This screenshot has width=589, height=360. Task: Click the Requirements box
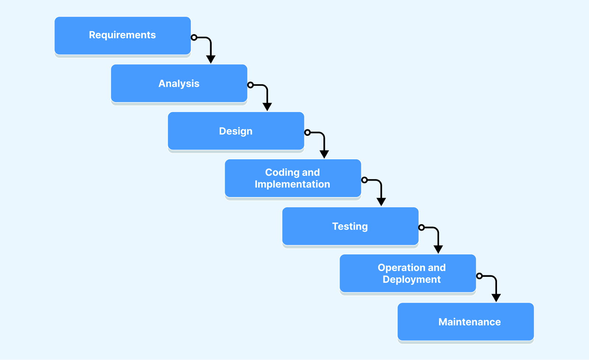pyautogui.click(x=123, y=36)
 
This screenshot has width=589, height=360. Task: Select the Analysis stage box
pyautogui.click(x=179, y=84)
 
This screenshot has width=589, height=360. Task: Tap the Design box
pyautogui.click(x=236, y=131)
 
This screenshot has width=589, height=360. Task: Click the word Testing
pyautogui.click(x=350, y=226)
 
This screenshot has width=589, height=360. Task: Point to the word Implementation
pyautogui.click(x=292, y=184)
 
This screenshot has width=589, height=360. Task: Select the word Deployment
pyautogui.click(x=412, y=279)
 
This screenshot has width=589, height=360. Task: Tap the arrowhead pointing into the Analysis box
pyautogui.click(x=211, y=59)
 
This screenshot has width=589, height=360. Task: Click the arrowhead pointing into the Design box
pyautogui.click(x=267, y=107)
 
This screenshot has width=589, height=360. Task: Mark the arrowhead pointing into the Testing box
pyautogui.click(x=381, y=202)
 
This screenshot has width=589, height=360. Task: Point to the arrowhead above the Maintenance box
pyautogui.click(x=496, y=297)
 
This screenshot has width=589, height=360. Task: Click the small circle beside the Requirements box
pyautogui.click(x=194, y=37)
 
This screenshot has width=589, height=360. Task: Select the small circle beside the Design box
pyautogui.click(x=307, y=133)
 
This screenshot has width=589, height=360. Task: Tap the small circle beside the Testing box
pyautogui.click(x=422, y=227)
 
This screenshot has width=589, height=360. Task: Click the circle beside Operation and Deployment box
pyautogui.click(x=479, y=276)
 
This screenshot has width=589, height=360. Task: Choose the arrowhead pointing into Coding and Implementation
pyautogui.click(x=324, y=154)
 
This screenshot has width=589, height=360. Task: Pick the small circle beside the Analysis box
pyautogui.click(x=250, y=85)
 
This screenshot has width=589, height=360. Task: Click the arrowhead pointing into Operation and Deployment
pyautogui.click(x=438, y=249)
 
